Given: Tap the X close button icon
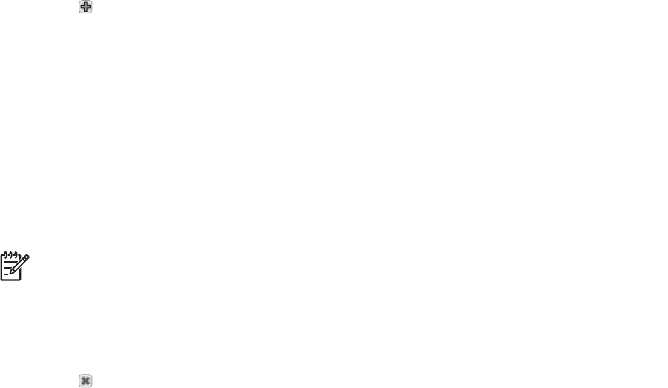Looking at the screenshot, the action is tap(85, 380).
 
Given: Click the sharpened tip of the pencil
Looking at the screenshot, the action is tap(11, 274).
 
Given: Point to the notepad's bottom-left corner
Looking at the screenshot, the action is tap(2, 279).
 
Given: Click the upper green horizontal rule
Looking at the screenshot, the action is tap(356, 249).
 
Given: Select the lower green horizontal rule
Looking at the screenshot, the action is tap(356, 297).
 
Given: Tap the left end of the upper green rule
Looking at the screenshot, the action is tap(46, 249).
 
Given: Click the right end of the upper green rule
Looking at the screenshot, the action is tap(666, 249).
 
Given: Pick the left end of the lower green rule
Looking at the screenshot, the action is tap(46, 297).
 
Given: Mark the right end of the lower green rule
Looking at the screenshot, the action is tap(666, 297).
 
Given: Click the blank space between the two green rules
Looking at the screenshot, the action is tap(356, 273).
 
